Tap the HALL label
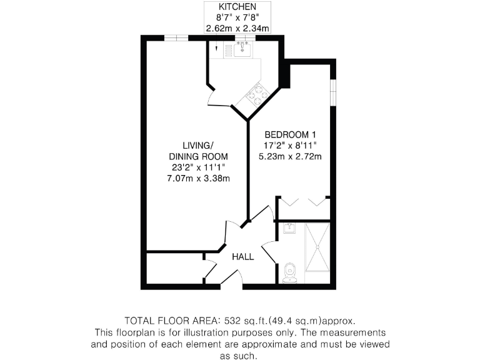pyautogui.click(x=243, y=257)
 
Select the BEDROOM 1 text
pyautogui.click(x=291, y=134)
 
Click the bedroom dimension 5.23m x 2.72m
pyautogui.click(x=291, y=156)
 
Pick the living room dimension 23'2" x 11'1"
pyautogui.click(x=199, y=167)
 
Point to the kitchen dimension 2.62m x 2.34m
pyautogui.click(x=237, y=28)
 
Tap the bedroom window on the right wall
pyautogui.click(x=333, y=91)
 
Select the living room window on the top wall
pyautogui.click(x=177, y=39)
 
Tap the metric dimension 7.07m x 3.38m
pyautogui.click(x=199, y=179)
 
